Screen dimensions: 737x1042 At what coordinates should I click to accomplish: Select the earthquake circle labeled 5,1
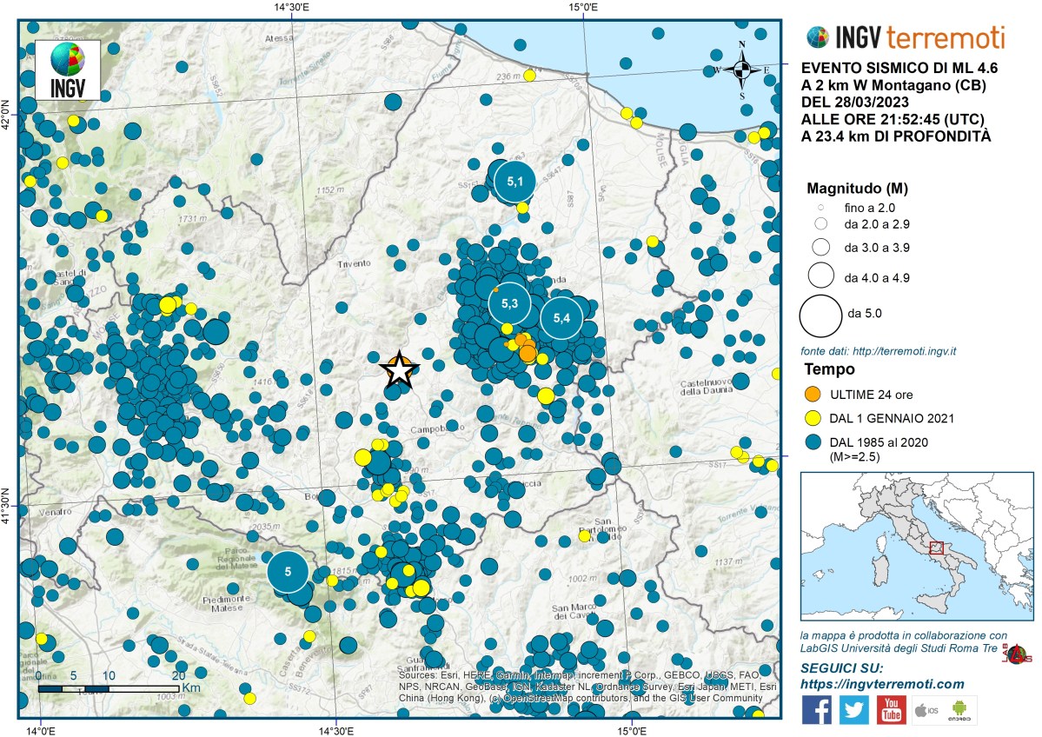[x=515, y=182]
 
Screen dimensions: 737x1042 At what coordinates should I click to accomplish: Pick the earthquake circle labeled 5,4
[x=561, y=318]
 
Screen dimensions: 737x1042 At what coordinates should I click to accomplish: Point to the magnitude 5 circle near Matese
[x=289, y=572]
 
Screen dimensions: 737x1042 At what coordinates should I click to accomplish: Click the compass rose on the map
[x=741, y=70]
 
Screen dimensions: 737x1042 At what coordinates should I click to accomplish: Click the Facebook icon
[x=816, y=709]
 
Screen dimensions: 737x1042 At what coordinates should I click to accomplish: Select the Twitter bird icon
[x=853, y=709]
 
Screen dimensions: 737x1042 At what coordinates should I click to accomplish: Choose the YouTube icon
[x=891, y=709]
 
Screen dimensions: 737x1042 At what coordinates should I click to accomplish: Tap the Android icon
[x=959, y=711]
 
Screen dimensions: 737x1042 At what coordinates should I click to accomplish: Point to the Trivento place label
[x=354, y=263]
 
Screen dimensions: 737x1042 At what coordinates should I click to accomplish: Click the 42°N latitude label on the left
[x=8, y=113]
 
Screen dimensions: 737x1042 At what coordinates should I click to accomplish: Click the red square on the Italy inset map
[x=936, y=548]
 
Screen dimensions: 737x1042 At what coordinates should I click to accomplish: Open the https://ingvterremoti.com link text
[x=882, y=684]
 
